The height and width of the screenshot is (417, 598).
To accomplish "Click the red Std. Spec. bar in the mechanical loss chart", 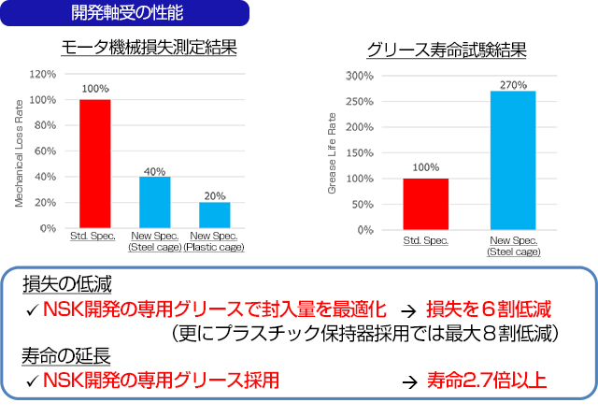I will pos(94,163).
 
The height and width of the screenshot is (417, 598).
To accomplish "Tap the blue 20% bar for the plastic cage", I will pos(215,215).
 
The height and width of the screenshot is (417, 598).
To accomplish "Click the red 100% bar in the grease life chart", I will pos(425,204).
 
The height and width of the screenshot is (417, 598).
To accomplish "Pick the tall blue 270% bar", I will pos(513,160).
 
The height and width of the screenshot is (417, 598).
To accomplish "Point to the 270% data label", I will pos(513,83).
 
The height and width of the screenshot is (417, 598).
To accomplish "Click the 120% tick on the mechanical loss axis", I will pos(44,74).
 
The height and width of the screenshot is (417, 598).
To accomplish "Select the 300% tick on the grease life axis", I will pos(360,76).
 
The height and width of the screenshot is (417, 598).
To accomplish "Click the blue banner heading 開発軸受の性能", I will pos(127,13).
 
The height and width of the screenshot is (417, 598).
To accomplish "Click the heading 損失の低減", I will pos(60,284).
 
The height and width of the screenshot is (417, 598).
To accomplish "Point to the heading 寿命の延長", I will pos(60,356).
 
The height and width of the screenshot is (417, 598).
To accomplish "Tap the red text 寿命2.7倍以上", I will pos(487,381).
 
